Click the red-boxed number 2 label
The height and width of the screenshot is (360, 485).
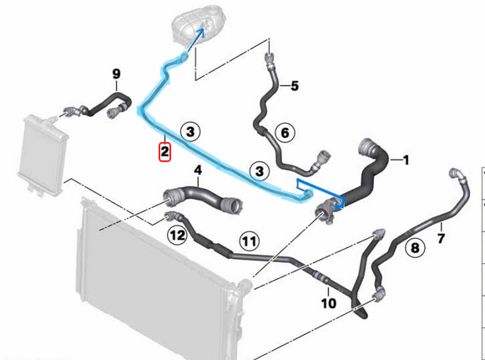tap(164, 152)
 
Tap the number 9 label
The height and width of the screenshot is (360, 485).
tap(116, 74)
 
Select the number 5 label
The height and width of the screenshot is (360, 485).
tap(295, 86)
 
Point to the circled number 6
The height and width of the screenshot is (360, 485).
tap(285, 133)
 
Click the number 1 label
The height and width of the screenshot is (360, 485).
tap(406, 160)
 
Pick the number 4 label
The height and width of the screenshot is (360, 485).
tap(198, 170)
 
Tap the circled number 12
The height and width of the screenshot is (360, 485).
tap(177, 236)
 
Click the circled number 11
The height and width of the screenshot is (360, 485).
tap(250, 241)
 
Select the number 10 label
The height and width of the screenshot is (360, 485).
tap(329, 303)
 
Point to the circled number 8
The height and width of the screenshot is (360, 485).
tap(415, 247)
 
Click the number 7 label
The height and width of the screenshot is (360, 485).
tap(441, 238)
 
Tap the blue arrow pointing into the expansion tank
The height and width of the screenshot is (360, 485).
tap(196, 39)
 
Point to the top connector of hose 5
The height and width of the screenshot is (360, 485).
tap(270, 58)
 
